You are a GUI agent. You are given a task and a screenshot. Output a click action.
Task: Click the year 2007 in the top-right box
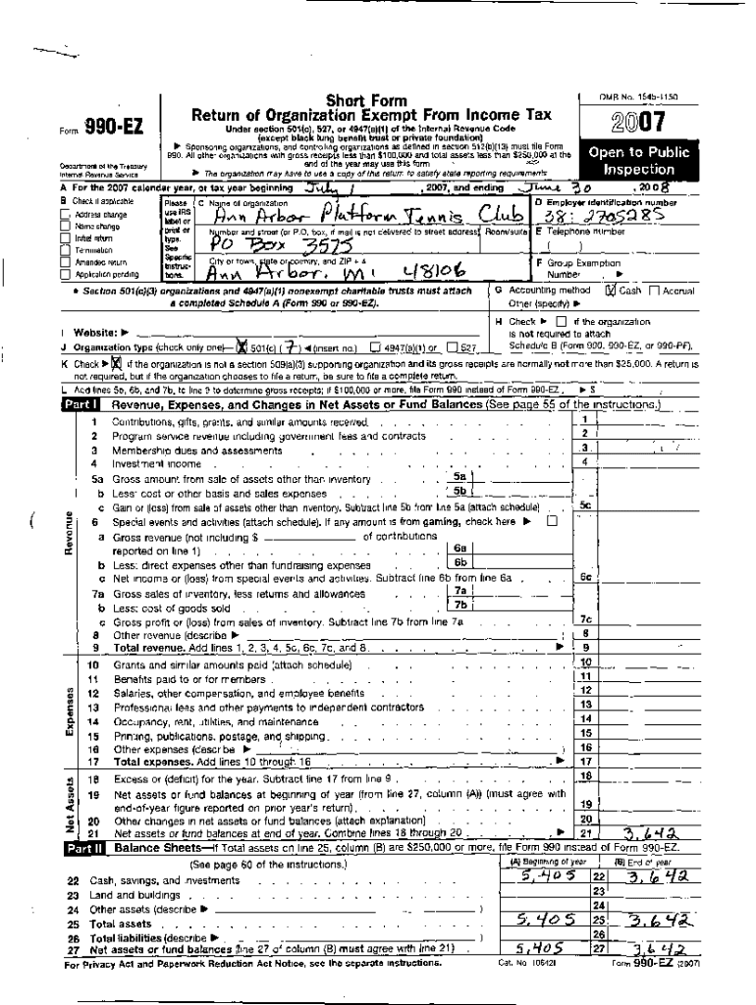coord(638,123)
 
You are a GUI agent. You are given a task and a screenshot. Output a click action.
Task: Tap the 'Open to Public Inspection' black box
coord(638,160)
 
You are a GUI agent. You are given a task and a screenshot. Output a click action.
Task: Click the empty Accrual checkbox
coord(655,291)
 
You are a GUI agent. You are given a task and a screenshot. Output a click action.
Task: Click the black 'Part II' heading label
coord(81,847)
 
